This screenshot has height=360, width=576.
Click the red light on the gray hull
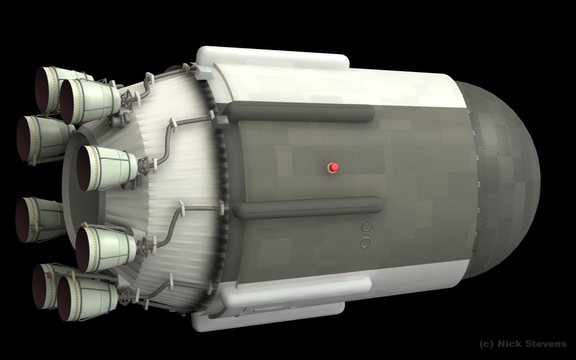333,167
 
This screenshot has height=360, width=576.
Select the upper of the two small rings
367,226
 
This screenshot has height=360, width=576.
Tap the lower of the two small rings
365,243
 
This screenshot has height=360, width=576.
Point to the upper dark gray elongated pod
299,112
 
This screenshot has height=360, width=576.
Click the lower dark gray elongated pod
308,207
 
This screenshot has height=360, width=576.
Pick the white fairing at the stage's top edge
272,57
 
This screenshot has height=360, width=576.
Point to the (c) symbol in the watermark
487,344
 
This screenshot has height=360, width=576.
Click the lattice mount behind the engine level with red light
144,165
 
